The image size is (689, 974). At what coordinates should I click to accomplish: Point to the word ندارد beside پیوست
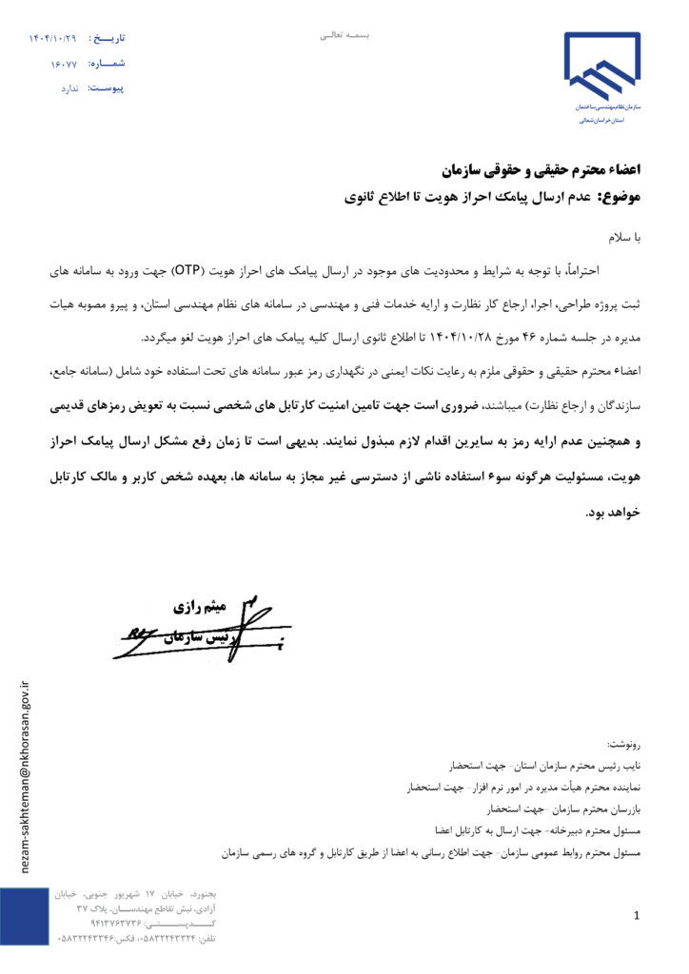tap(69, 88)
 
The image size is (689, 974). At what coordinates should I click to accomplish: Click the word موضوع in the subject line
tap(619, 198)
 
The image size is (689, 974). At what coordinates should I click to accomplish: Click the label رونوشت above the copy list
tap(624, 742)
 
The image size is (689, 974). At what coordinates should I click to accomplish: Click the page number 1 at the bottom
tap(636, 915)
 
